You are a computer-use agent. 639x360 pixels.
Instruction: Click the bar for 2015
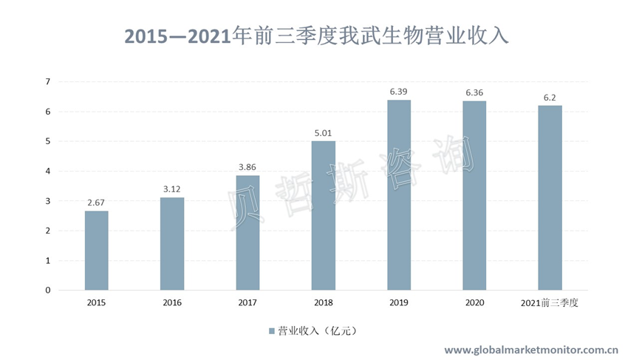[x=96, y=251]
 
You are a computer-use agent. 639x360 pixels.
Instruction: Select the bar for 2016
[x=171, y=244]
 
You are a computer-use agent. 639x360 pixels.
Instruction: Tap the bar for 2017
[x=247, y=233]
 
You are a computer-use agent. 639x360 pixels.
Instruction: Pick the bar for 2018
[x=323, y=216]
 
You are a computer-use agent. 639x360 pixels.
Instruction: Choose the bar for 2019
[x=399, y=195]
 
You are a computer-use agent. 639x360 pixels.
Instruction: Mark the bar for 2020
[x=474, y=195]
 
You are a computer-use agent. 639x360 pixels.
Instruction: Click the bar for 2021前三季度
[x=550, y=198]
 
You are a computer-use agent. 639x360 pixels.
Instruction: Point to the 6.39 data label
[x=399, y=91]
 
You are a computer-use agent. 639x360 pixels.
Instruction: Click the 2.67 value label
[x=96, y=202]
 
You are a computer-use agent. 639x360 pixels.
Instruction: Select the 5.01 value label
[x=323, y=132]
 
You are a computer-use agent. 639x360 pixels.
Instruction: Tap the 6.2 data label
[x=550, y=97]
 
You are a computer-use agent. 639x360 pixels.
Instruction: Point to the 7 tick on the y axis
[x=47, y=81]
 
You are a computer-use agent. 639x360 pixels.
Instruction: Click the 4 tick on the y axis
[x=47, y=171]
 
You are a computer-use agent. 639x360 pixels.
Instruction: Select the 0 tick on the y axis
[x=47, y=291]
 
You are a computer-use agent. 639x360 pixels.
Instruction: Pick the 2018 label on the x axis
[x=323, y=303]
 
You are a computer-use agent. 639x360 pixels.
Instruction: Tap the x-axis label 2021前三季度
[x=550, y=303]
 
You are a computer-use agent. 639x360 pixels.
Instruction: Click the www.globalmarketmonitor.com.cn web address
[x=530, y=349]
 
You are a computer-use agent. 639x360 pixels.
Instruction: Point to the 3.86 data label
[x=247, y=167]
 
